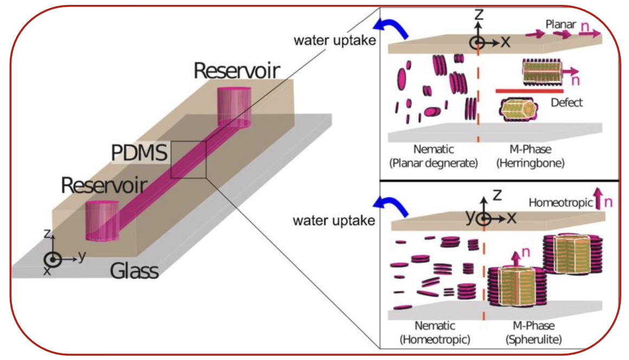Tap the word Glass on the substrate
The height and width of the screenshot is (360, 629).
tap(135, 269)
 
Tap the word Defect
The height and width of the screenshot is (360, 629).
tap(566, 102)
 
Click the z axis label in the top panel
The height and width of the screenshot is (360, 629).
tap(478, 15)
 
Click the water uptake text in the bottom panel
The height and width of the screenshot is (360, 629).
tap(334, 221)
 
